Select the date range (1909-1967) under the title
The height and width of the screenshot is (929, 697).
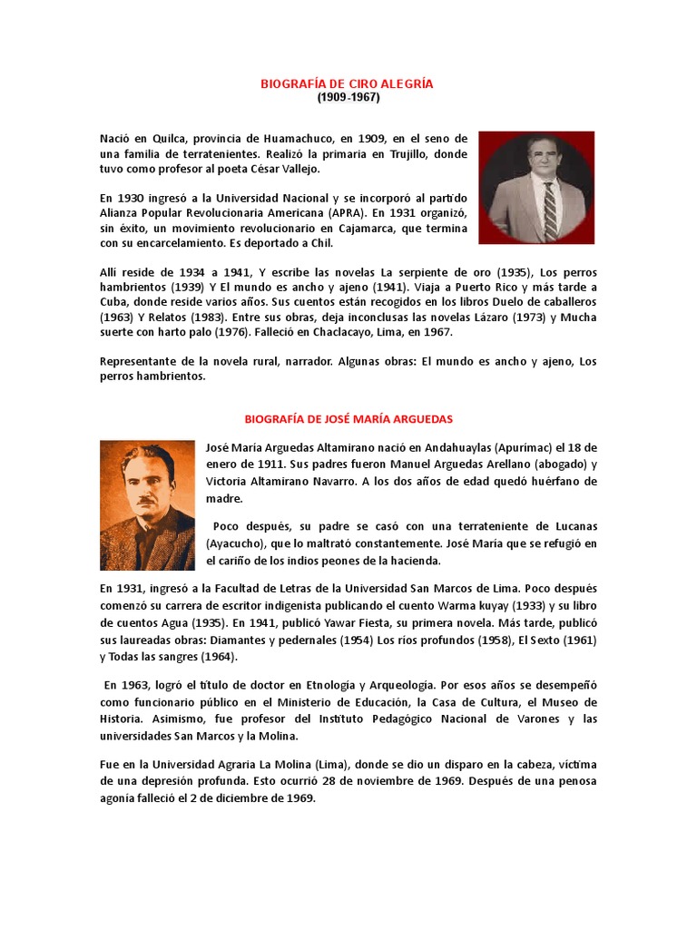[x=348, y=97]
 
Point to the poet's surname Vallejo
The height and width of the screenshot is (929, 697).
[x=300, y=170]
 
